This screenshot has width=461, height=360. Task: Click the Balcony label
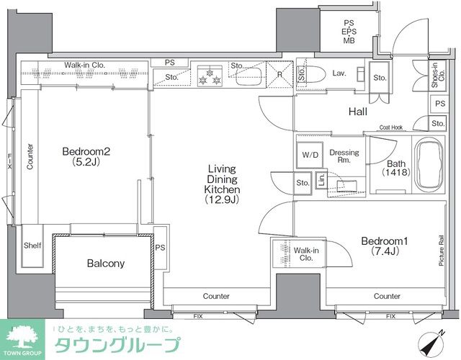pos(106,264)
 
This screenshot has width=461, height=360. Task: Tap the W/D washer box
pos(310,154)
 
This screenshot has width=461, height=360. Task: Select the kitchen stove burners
pos(211,74)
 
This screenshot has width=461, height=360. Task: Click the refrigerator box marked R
pos(279,74)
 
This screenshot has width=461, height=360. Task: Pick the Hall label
pos(359,112)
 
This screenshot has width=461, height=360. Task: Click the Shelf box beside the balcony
pos(32,246)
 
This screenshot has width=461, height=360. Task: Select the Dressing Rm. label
pos(344,157)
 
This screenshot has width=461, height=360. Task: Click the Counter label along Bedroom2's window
pos(30,156)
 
